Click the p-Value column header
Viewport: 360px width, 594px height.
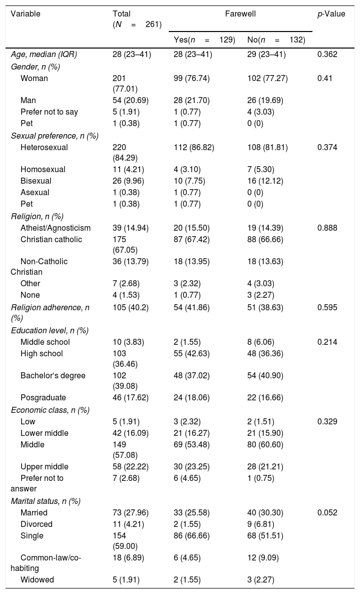pyautogui.click(x=331, y=14)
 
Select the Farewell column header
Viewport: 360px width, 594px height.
pyautogui.click(x=240, y=14)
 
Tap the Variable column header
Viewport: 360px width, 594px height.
pyautogui.click(x=26, y=14)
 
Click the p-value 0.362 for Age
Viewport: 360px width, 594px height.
pyautogui.click(x=327, y=54)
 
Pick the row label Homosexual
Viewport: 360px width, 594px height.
pyautogui.click(x=43, y=169)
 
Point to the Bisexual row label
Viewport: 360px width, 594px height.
pyautogui.click(x=36, y=181)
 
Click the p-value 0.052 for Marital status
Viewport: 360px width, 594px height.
pyautogui.click(x=327, y=512)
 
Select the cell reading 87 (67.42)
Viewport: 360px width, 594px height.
pyautogui.click(x=191, y=239)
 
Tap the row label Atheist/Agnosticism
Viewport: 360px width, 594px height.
pyautogui.click(x=56, y=228)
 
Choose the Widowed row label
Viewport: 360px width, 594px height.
pyautogui.click(x=37, y=579)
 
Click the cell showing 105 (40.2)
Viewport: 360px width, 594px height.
pyautogui.click(x=131, y=307)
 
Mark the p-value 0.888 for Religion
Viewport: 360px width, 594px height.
pyautogui.click(x=327, y=228)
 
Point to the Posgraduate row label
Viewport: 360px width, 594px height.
pyautogui.click(x=43, y=397)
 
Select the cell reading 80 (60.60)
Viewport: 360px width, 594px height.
pyautogui.click(x=265, y=444)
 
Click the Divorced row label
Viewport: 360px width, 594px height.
pyautogui.click(x=37, y=524)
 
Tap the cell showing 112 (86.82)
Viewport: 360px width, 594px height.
pyautogui.click(x=194, y=147)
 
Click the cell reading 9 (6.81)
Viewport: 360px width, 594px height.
pyautogui.click(x=261, y=524)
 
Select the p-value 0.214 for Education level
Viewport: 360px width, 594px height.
pyautogui.click(x=327, y=342)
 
